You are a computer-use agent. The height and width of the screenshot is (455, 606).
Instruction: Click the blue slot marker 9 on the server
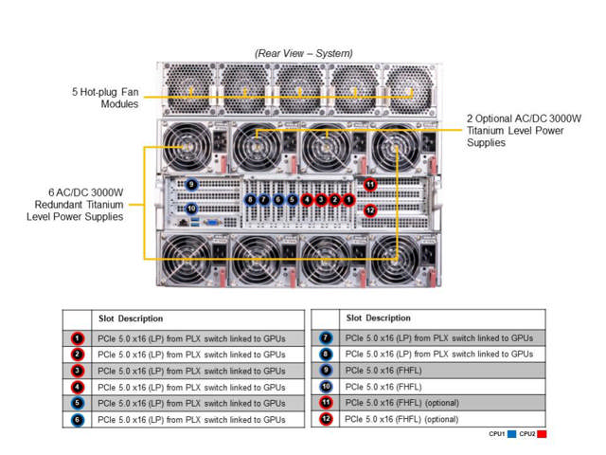tap(191, 184)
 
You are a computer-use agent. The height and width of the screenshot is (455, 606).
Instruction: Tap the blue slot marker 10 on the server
tap(191, 208)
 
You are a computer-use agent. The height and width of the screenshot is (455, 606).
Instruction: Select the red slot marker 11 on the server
tap(370, 184)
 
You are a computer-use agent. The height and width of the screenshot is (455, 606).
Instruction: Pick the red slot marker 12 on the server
tap(370, 209)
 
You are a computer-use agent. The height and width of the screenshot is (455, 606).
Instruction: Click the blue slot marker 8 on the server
tap(250, 199)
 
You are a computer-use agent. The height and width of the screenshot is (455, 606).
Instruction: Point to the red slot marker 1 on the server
tap(349, 199)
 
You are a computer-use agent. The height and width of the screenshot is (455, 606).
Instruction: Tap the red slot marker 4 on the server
tap(307, 199)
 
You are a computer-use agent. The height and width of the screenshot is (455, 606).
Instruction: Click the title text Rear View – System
tap(304, 53)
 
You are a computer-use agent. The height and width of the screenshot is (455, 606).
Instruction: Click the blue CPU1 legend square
tap(513, 433)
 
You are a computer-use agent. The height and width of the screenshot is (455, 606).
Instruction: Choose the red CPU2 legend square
tap(542, 433)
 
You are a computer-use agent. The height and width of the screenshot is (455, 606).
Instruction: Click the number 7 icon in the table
tap(326, 337)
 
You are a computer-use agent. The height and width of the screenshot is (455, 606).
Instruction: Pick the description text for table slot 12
tap(401, 418)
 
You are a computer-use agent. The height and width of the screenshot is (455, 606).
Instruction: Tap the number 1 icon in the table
tap(78, 337)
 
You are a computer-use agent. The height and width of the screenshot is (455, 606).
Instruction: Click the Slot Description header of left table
tap(130, 318)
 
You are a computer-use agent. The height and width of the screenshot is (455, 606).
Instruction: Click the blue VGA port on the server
tap(214, 223)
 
